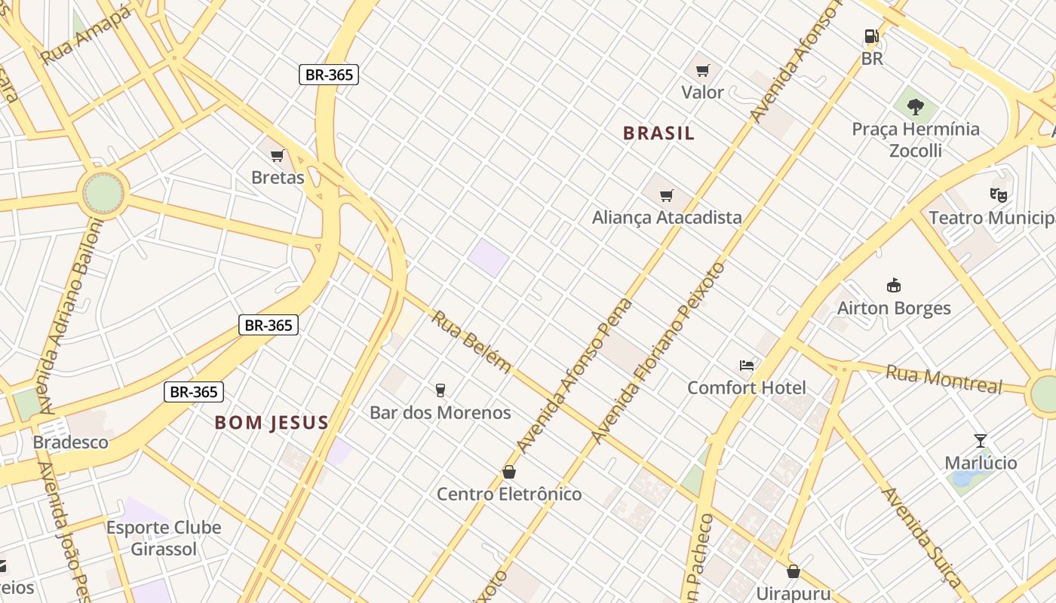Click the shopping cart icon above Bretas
click(277, 156)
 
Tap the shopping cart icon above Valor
click(703, 71)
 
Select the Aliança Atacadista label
click(667, 217)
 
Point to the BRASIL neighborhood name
click(658, 133)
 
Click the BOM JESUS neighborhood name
click(272, 422)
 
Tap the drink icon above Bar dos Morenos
click(441, 390)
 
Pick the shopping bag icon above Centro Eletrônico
click(509, 472)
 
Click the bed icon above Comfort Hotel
click(747, 366)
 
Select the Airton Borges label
click(894, 308)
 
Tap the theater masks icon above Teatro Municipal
click(999, 195)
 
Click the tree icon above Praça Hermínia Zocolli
click(916, 107)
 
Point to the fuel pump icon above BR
click(872, 36)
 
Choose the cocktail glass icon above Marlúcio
click(981, 441)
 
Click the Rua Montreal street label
click(944, 379)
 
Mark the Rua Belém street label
click(471, 341)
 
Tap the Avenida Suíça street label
click(921, 536)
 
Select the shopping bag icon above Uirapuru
click(793, 571)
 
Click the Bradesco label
click(71, 442)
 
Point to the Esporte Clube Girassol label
click(164, 537)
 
